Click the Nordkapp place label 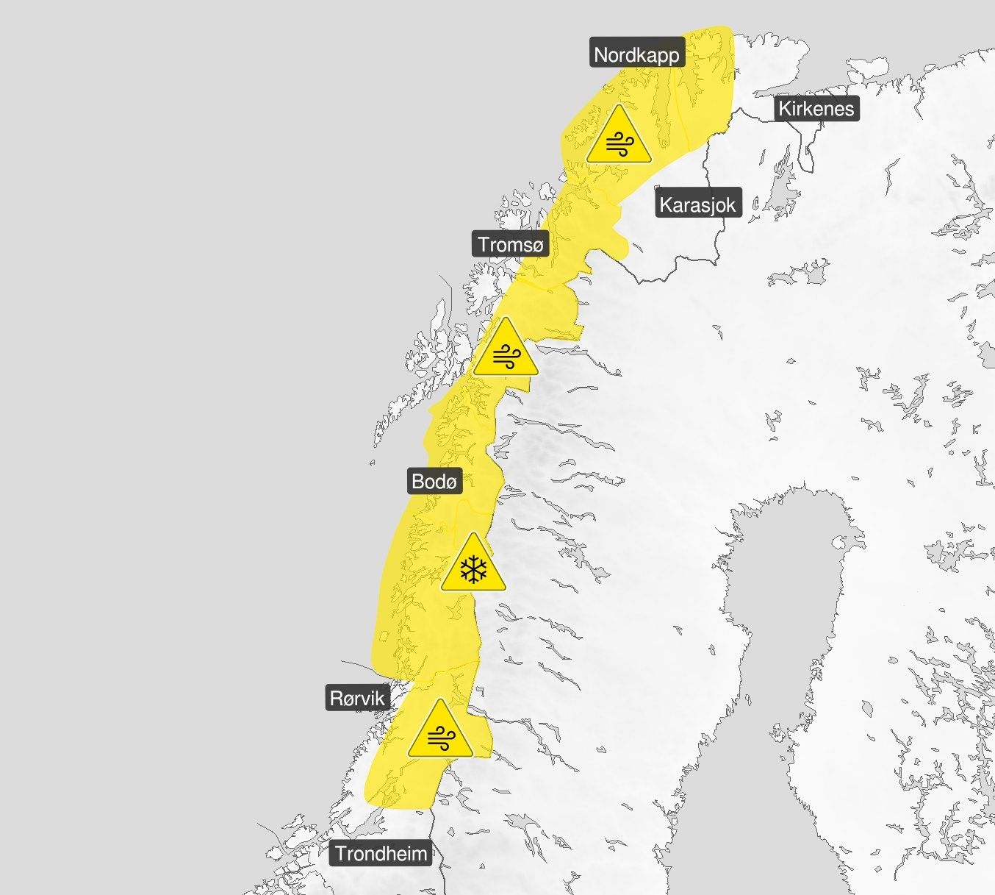pos(636,54)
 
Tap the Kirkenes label pos(816,109)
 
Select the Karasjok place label pos(697,204)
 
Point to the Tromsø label pos(511,244)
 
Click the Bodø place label pos(434,481)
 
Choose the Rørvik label pos(357,697)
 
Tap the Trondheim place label pos(381,853)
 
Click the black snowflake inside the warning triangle pos(473,570)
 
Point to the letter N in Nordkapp pos(601,54)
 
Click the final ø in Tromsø pos(537,245)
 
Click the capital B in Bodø pos(418,481)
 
